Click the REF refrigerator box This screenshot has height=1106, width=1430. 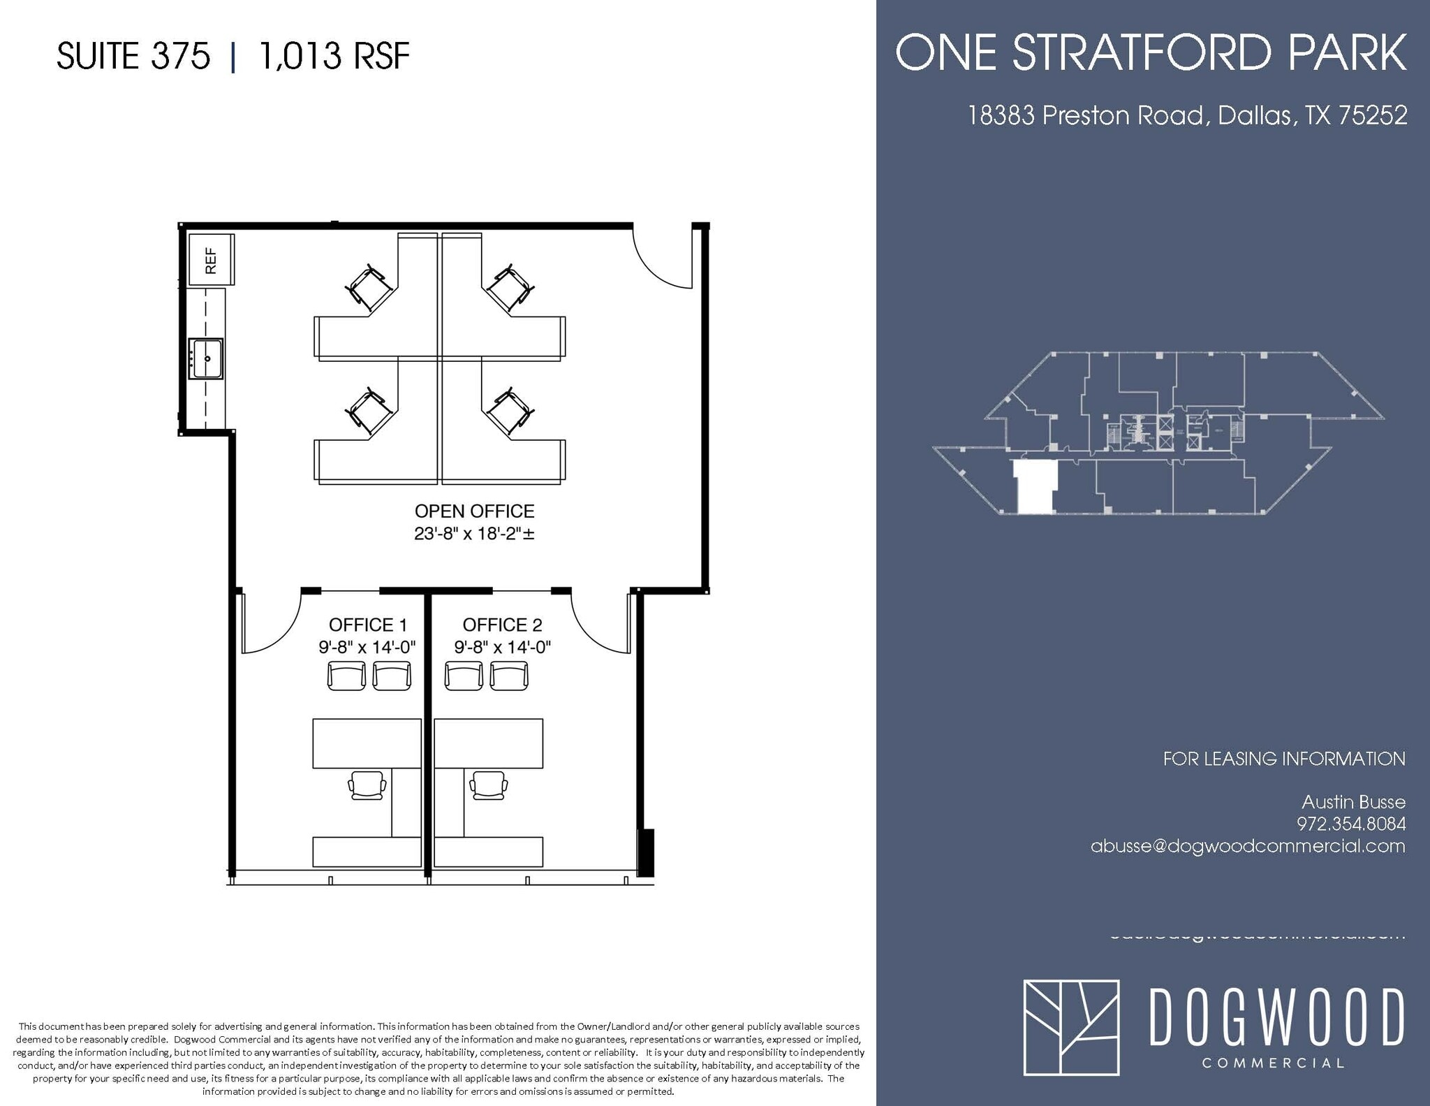(211, 259)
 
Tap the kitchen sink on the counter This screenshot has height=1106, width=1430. (206, 358)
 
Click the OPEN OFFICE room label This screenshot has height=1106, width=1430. (474, 511)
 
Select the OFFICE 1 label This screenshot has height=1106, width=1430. (367, 625)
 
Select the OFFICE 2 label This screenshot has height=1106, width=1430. (502, 625)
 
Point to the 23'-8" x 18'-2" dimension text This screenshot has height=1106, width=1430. (474, 534)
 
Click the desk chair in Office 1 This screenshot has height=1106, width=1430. (367, 785)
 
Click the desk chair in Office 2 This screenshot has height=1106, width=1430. (489, 785)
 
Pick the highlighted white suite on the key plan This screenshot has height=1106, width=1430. (1035, 486)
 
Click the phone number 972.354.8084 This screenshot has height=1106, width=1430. (1351, 824)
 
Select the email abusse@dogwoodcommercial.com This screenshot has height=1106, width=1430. (1248, 846)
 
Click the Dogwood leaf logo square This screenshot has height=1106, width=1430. (1071, 1027)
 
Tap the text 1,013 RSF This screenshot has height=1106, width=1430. (334, 56)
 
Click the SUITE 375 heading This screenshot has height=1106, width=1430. (133, 56)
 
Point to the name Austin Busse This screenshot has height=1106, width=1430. (1353, 801)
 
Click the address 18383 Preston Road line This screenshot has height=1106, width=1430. (1187, 115)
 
